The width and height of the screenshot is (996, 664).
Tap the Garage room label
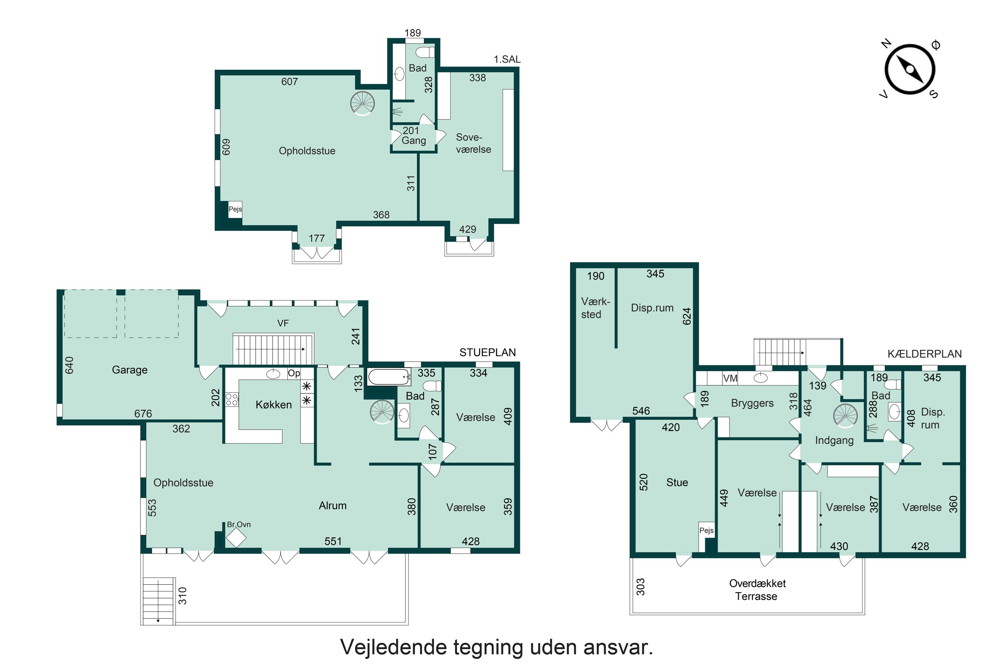129,370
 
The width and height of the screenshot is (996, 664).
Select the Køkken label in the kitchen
274,405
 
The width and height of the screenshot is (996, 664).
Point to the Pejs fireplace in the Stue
706,530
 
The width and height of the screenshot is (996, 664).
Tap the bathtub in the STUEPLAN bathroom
389,376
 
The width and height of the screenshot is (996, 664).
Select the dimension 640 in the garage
69,365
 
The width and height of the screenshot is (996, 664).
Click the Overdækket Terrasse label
757,590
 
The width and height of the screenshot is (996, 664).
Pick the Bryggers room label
752,403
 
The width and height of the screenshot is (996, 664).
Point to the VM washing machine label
730,378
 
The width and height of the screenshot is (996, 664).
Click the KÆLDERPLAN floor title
924,354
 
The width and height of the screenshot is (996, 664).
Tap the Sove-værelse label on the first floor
473,143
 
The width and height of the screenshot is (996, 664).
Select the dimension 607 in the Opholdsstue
290,81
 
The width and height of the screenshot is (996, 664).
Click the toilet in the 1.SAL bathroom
426,52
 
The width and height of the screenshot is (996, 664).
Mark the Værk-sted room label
595,308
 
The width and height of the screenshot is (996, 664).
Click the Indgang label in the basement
834,441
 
